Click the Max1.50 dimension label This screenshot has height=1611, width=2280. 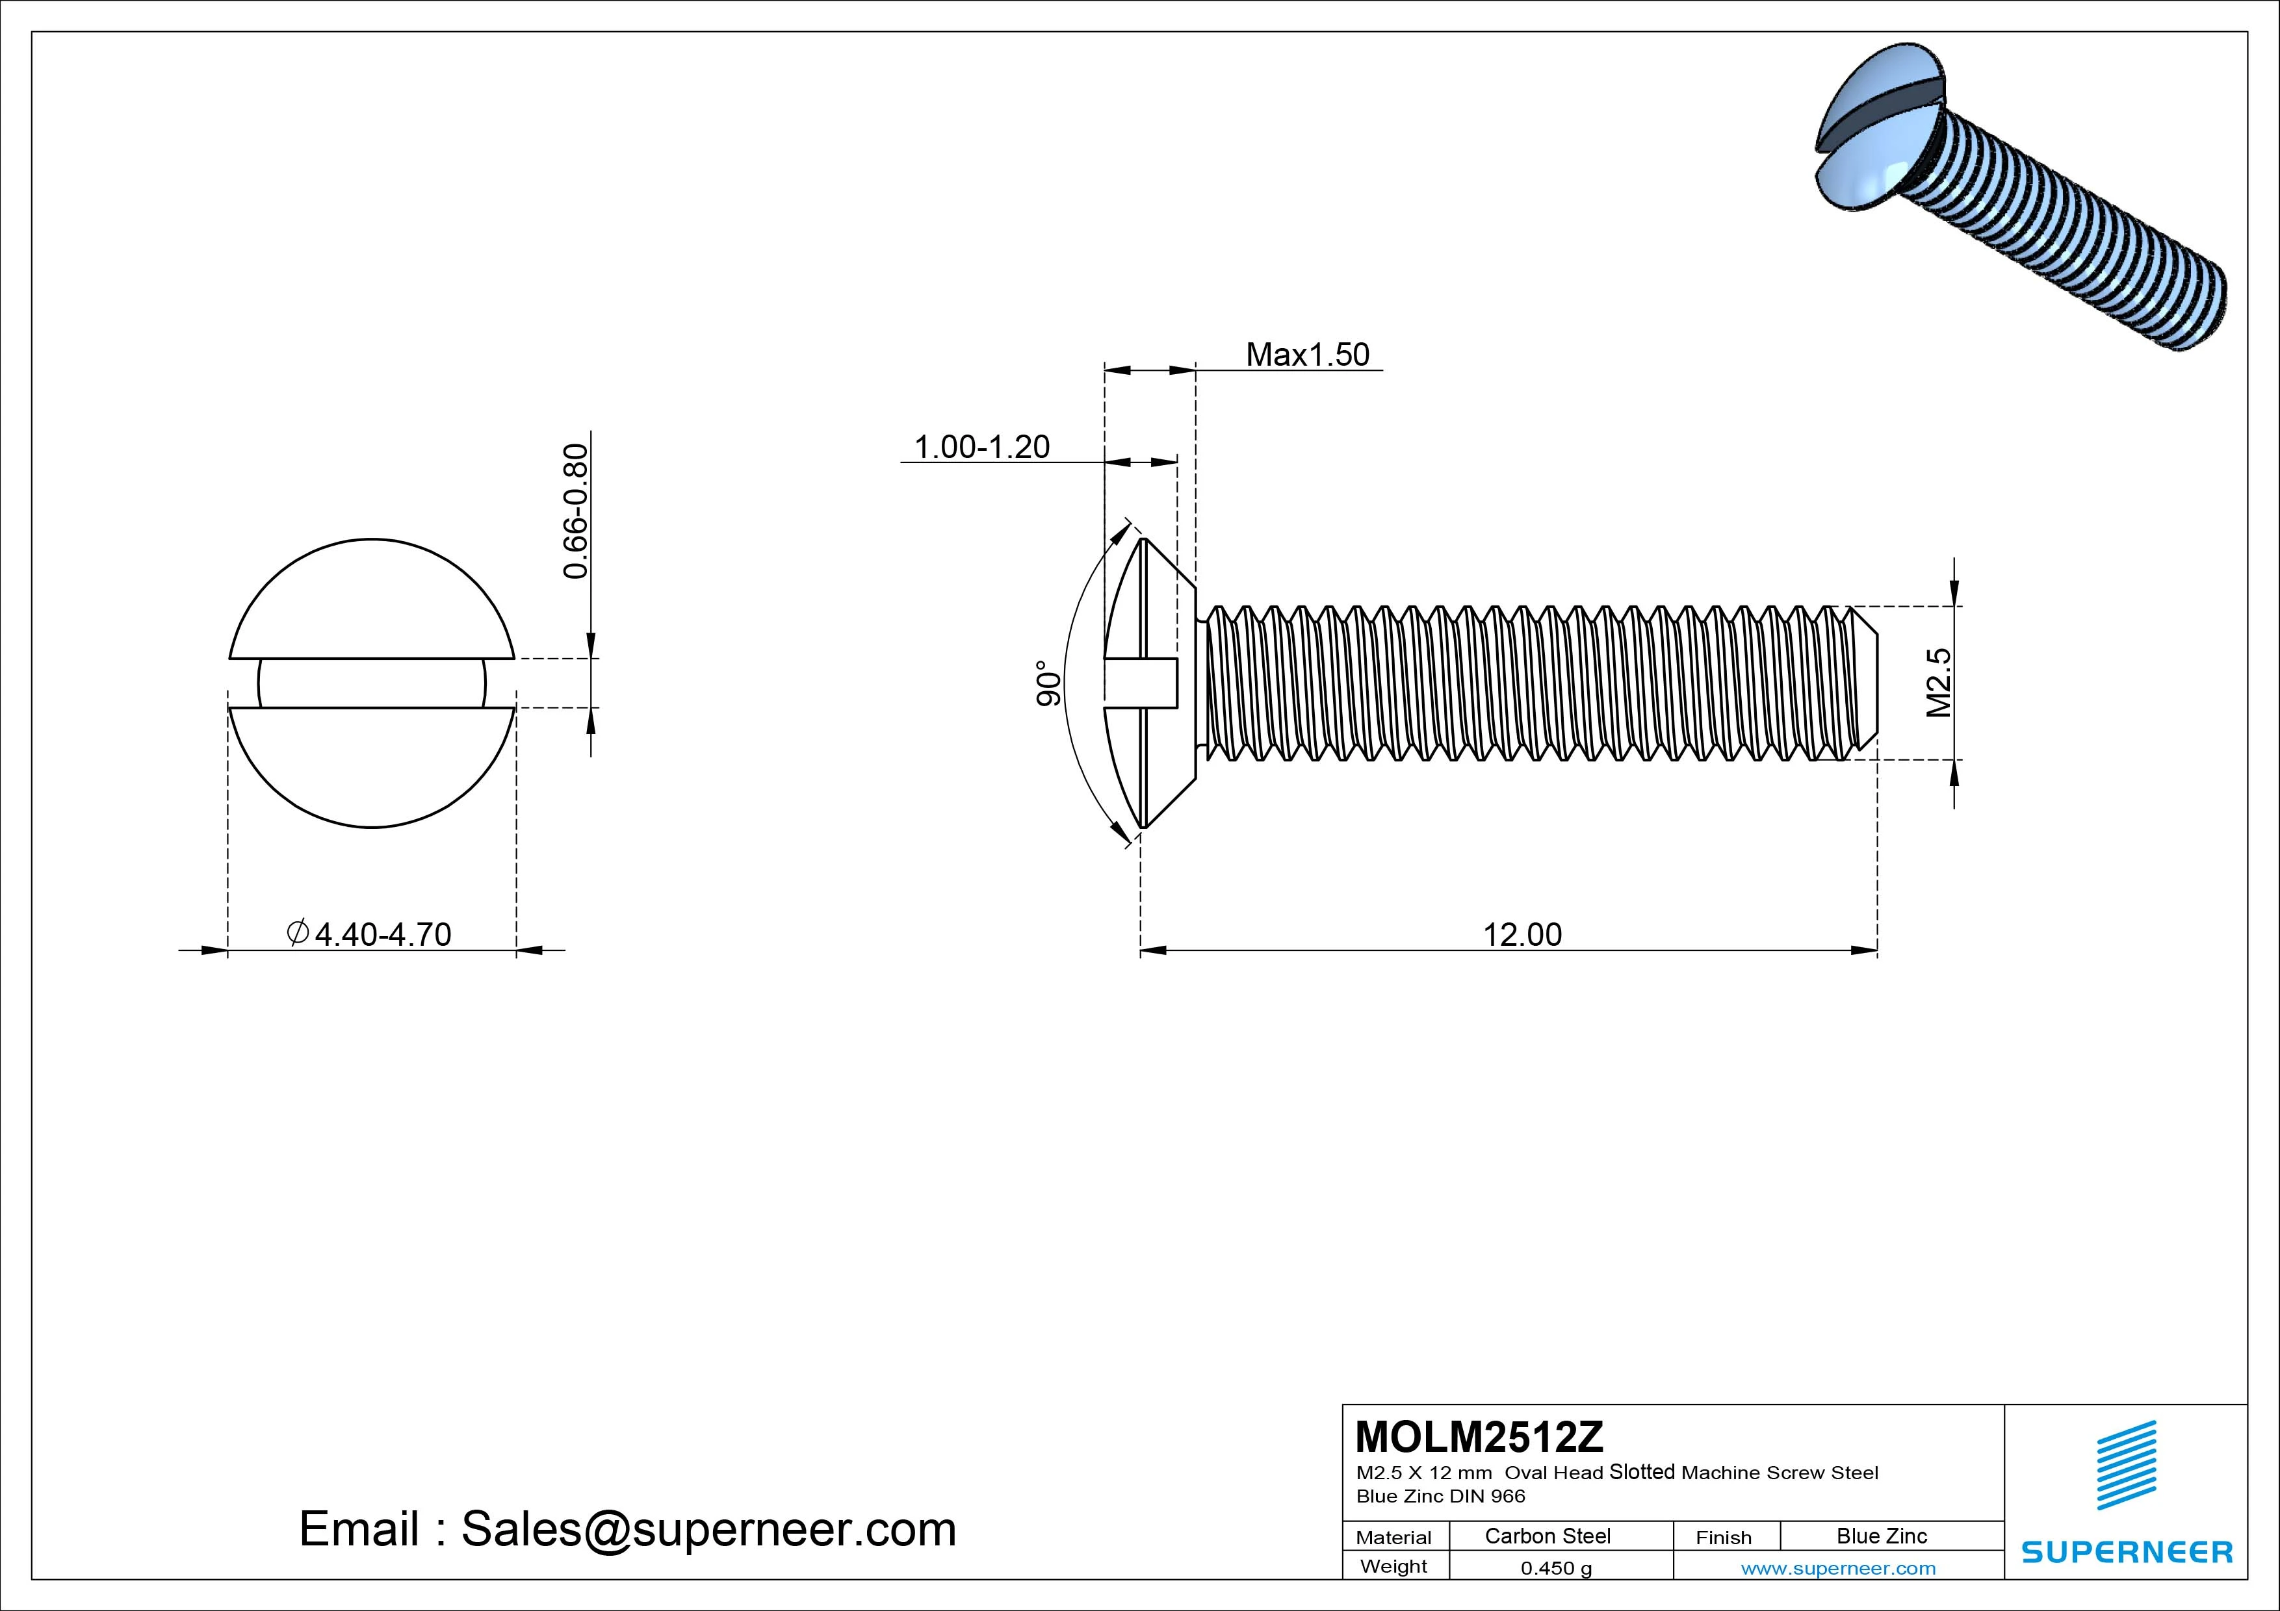click(x=1307, y=355)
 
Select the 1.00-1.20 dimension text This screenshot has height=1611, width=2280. click(x=981, y=447)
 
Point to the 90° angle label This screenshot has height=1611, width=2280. click(x=1048, y=683)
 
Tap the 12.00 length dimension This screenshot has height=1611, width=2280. click(x=1522, y=934)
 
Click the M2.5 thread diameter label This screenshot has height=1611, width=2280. click(x=1938, y=682)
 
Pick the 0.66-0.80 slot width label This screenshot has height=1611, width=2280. click(x=576, y=511)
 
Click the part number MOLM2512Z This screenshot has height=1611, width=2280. click(x=1479, y=1436)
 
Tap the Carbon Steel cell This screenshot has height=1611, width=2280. click(x=1547, y=1536)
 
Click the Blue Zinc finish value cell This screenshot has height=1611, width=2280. click(x=1881, y=1536)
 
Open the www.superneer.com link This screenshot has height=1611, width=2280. click(x=1838, y=1568)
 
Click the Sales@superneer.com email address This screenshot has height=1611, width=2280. click(x=708, y=1529)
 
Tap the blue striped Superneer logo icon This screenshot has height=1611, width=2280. click(x=2126, y=1465)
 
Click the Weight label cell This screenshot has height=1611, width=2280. click(x=1393, y=1566)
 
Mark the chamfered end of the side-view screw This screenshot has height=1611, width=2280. click(x=1864, y=682)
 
